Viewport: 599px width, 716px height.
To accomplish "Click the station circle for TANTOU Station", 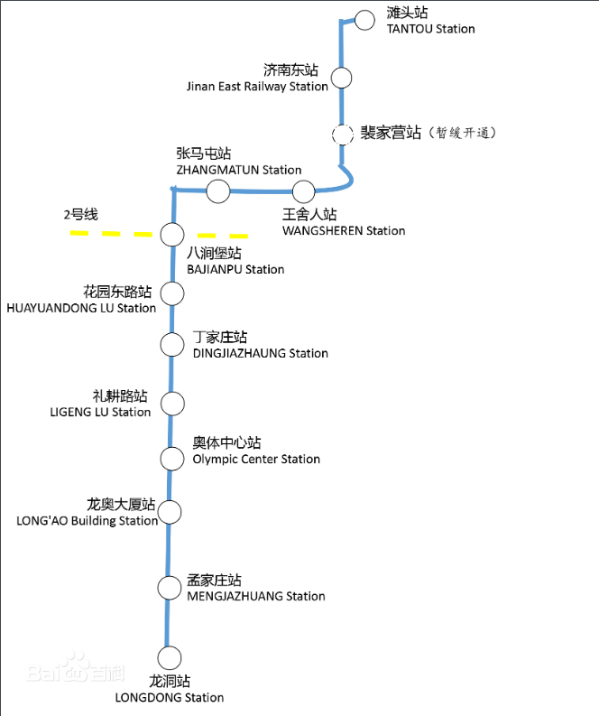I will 364,20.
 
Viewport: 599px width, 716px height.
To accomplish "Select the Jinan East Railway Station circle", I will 341,78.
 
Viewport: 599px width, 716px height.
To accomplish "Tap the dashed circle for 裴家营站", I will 342,135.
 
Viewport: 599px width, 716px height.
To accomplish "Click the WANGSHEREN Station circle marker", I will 303,191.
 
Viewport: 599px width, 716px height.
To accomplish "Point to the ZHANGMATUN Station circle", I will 217,191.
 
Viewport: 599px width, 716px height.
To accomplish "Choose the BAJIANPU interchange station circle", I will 171,235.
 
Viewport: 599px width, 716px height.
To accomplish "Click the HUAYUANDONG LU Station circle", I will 171,293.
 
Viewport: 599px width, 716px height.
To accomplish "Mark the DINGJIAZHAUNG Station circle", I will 171,344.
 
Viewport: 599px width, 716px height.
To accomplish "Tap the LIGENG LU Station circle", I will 171,403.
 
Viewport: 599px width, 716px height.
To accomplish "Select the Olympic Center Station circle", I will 171,458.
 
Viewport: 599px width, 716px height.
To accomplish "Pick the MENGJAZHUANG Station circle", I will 170,588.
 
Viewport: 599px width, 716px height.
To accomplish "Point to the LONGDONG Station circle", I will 169,658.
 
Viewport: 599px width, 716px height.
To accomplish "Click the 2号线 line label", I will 80,215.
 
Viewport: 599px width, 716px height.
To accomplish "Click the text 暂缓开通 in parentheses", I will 464,133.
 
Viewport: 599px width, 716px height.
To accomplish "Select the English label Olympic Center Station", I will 256,460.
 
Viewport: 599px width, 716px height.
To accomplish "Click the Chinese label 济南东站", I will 290,70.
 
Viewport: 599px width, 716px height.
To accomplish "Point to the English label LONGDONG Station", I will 170,697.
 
